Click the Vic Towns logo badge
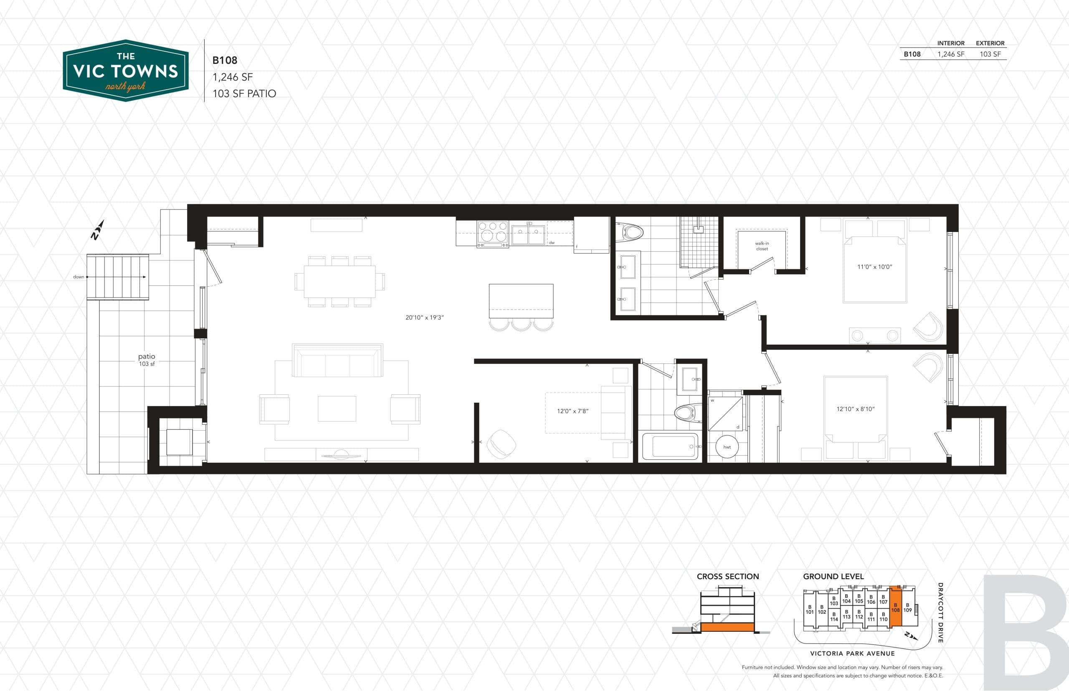click(x=126, y=71)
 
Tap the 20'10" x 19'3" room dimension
click(x=424, y=318)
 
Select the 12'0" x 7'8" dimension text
click(x=572, y=411)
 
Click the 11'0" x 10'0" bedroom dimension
click(x=874, y=267)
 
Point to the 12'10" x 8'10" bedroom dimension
click(x=855, y=409)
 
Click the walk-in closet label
click(x=762, y=246)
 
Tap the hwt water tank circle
click(x=727, y=447)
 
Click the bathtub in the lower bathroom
click(x=670, y=446)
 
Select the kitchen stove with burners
click(x=492, y=234)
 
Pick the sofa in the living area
click(x=337, y=360)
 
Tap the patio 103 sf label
click(x=147, y=360)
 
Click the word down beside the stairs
click(x=79, y=277)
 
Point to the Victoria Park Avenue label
click(x=852, y=653)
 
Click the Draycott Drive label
click(x=940, y=613)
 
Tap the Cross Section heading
click(x=727, y=577)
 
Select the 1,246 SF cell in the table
click(x=950, y=54)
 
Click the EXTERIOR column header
click(x=990, y=43)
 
